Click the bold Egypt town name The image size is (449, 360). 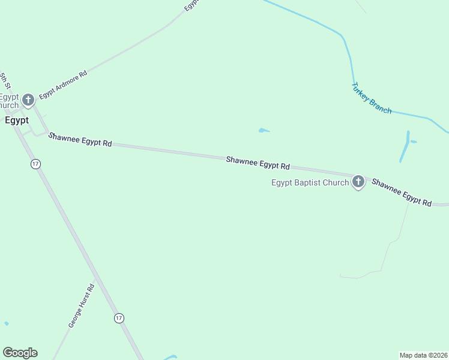click(x=16, y=120)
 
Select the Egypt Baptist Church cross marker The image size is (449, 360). click(x=358, y=182)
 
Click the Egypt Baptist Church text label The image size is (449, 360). click(x=310, y=182)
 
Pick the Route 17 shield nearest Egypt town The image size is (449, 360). click(x=36, y=164)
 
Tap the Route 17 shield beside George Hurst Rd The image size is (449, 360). click(x=119, y=318)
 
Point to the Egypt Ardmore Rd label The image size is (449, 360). click(x=64, y=85)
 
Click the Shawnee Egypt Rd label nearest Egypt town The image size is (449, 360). click(x=80, y=140)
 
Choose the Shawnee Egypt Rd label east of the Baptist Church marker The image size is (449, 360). click(x=401, y=193)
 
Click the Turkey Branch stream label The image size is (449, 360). click(x=371, y=98)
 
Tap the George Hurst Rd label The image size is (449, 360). click(x=82, y=305)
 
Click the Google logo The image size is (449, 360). click(x=20, y=353)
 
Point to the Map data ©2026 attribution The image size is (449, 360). click(x=423, y=355)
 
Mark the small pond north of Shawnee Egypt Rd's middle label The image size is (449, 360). click(x=264, y=130)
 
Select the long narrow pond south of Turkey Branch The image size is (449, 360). click(x=405, y=147)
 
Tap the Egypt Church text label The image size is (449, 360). click(x=10, y=101)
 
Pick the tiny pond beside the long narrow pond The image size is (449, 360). click(x=413, y=142)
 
